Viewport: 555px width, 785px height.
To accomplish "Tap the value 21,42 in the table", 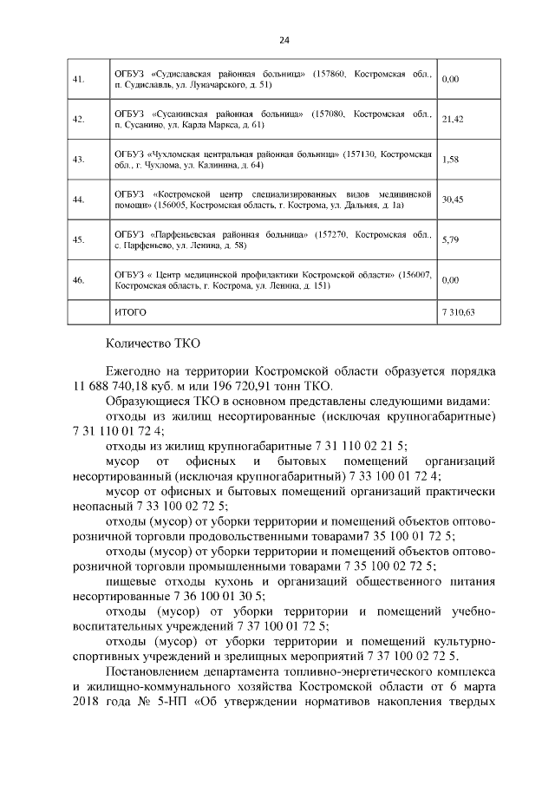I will point(453,120).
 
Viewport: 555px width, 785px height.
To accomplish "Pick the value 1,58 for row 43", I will point(450,160).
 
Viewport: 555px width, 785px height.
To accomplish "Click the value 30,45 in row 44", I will point(453,200).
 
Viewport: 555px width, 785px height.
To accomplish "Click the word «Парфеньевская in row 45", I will point(190,234).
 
